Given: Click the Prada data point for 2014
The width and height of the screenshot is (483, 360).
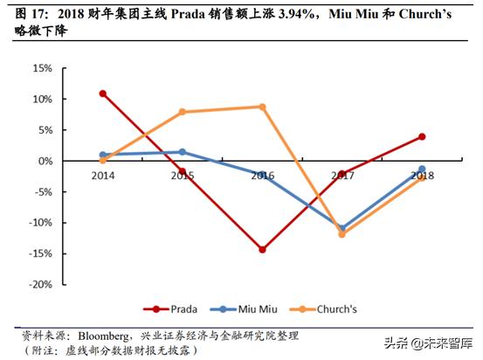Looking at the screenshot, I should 103,93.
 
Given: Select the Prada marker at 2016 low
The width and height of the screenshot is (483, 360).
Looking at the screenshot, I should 262,249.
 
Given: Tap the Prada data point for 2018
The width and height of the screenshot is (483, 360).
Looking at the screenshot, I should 422,136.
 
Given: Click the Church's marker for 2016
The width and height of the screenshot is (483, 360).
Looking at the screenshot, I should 262,107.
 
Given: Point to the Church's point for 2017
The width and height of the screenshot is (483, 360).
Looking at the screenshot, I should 342,234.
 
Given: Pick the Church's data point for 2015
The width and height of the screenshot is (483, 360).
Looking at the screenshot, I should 183,112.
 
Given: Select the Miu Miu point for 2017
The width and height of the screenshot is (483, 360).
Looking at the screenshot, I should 342,229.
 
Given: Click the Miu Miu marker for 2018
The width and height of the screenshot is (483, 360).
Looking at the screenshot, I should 422,170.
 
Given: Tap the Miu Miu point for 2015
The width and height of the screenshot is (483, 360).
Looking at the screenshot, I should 183,152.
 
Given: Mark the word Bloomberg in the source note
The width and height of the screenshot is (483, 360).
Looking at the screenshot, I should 110,335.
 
